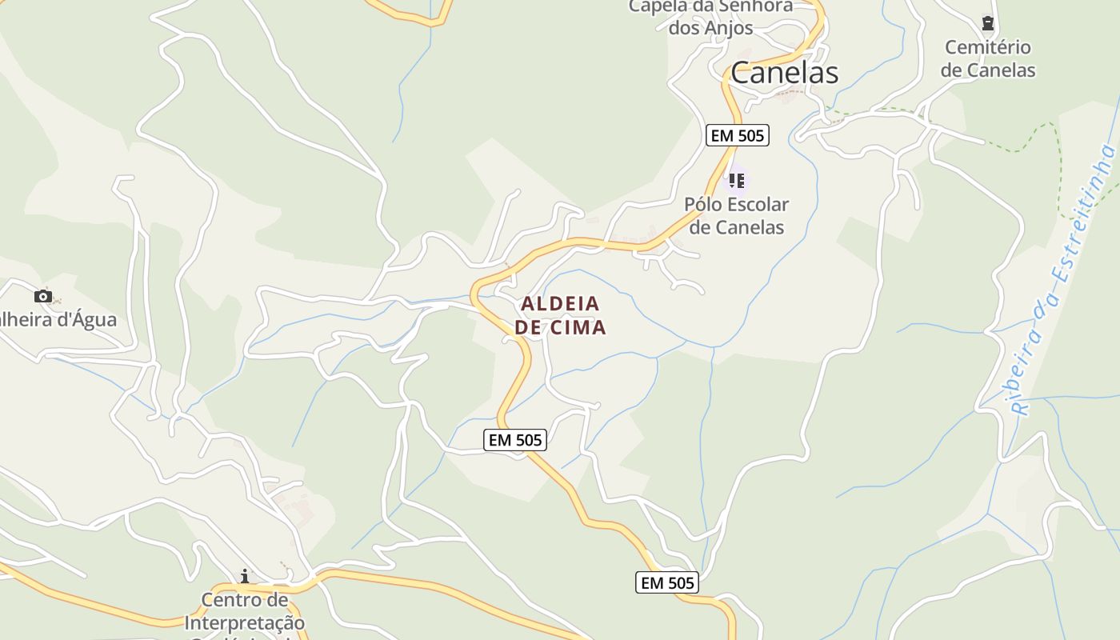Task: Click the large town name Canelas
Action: (784, 73)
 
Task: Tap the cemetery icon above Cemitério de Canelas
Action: (987, 23)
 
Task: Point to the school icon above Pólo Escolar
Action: (736, 180)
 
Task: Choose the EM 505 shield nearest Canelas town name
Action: (738, 135)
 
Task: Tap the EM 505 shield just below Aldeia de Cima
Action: (515, 440)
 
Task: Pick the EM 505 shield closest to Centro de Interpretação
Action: (667, 583)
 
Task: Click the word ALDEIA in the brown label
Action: (560, 304)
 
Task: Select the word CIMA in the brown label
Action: (578, 328)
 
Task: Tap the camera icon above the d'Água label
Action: (43, 297)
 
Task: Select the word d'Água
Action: (80, 320)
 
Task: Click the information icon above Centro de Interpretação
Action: (245, 576)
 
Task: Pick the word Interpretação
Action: (245, 622)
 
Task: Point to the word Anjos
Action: (729, 28)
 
